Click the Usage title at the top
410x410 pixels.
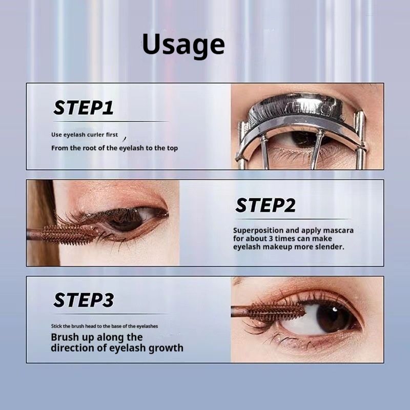pyautogui.click(x=183, y=45)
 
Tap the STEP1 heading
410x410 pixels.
pyautogui.click(x=84, y=108)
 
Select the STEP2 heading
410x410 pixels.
pyautogui.click(x=265, y=206)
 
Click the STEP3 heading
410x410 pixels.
pyautogui.click(x=84, y=300)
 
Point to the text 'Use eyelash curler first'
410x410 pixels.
pyautogui.click(x=85, y=135)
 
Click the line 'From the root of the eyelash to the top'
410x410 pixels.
pyautogui.click(x=114, y=148)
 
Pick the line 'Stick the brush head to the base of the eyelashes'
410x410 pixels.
pyautogui.click(x=104, y=326)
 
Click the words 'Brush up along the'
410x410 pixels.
pyautogui.click(x=96, y=337)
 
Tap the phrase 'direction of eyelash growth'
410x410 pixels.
pyautogui.click(x=117, y=348)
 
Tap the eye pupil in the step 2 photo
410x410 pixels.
pyautogui.click(x=127, y=219)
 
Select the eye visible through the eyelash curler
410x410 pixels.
pyautogui.click(x=302, y=139)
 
